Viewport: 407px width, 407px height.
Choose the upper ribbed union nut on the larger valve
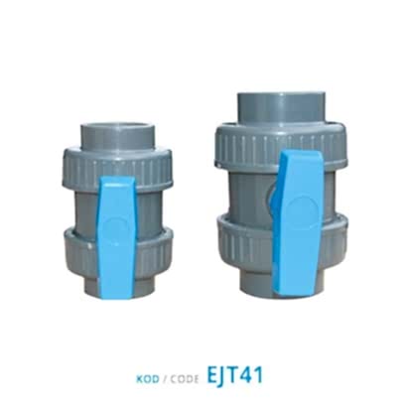pyautogui.click(x=281, y=146)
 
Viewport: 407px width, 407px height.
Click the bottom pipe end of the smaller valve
pyautogui.click(x=117, y=285)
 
